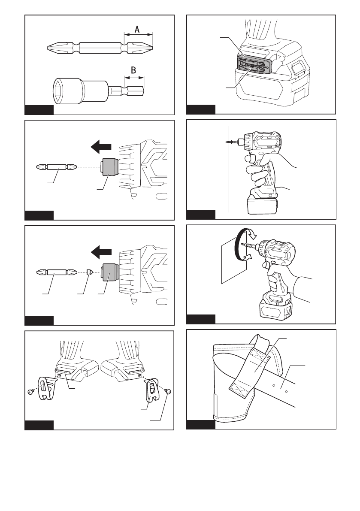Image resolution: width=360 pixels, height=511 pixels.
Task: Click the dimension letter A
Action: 137,29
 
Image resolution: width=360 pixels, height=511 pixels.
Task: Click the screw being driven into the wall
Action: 232,141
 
